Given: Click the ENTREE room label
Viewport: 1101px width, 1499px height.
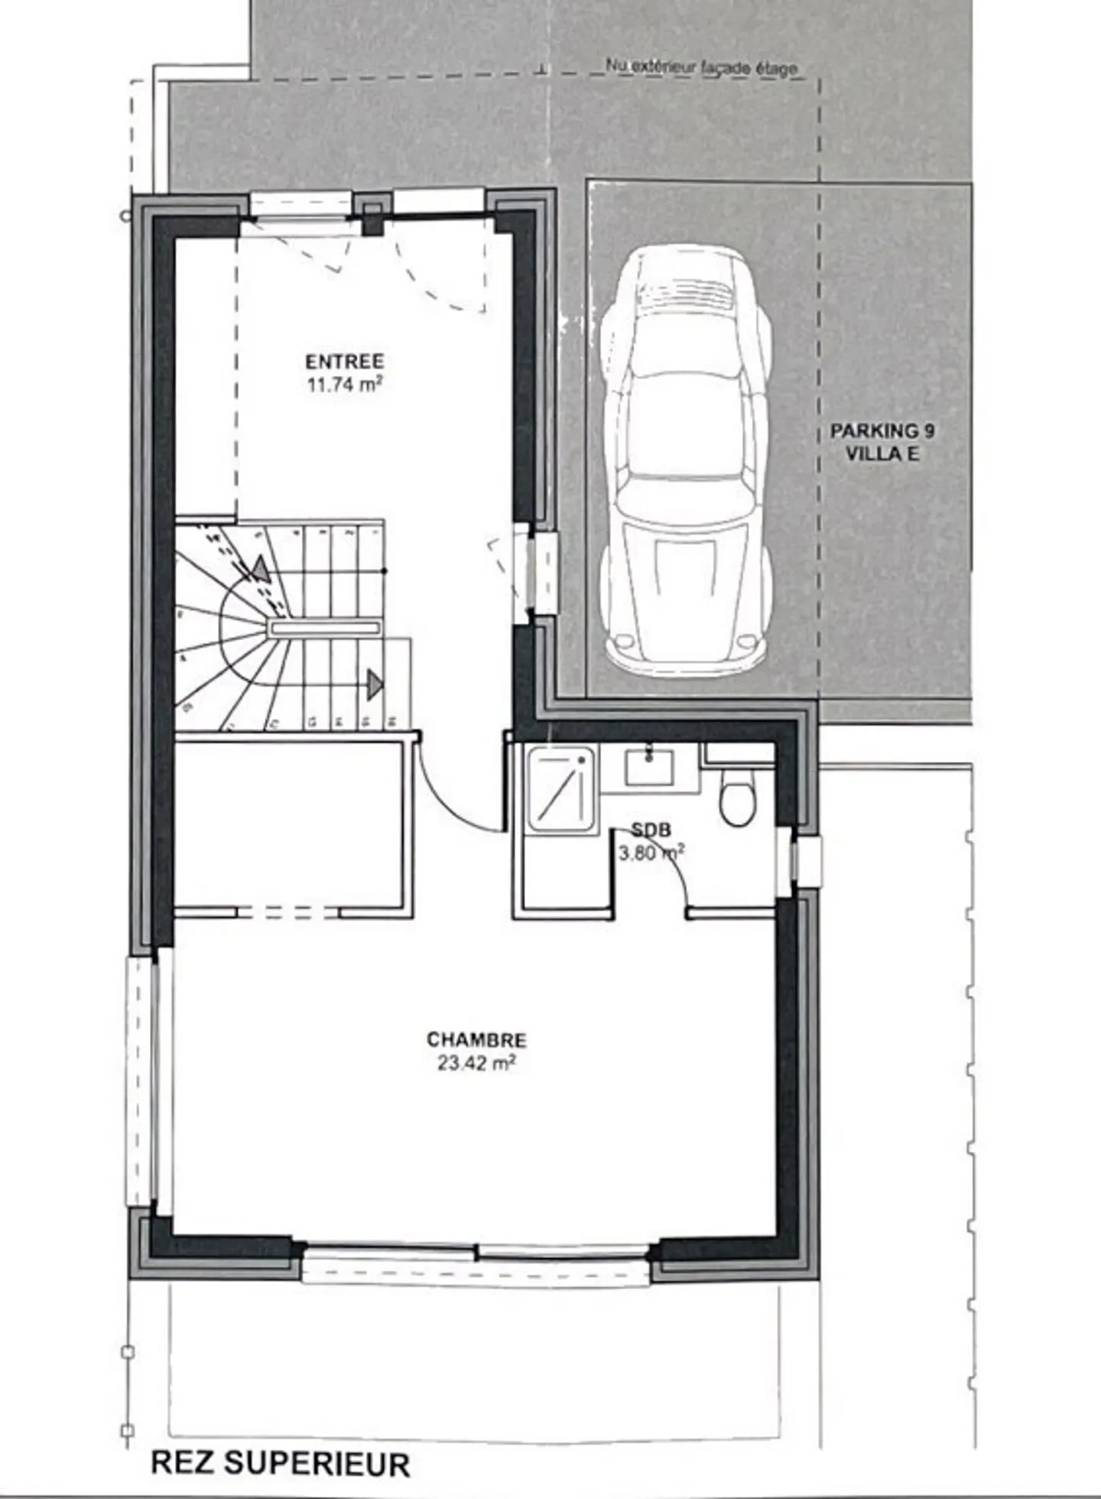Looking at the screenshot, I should click(x=344, y=362).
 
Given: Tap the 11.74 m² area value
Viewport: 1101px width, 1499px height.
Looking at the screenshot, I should click(x=344, y=385).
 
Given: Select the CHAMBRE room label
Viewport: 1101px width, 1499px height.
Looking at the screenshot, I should click(x=476, y=1040).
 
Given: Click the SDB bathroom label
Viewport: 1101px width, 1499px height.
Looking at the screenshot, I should click(x=651, y=831).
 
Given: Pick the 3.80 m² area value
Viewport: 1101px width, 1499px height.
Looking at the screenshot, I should click(x=651, y=853).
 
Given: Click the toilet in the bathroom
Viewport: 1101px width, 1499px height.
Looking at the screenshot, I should click(x=737, y=800).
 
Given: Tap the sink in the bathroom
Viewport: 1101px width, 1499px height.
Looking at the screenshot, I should click(x=649, y=767).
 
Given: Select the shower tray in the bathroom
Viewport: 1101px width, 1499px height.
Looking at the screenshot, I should click(x=560, y=791).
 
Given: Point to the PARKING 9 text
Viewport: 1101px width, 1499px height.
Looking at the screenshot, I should click(x=882, y=431).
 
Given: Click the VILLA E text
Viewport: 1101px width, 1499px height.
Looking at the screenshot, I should click(x=882, y=454).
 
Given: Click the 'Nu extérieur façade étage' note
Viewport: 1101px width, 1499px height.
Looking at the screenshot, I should click(x=701, y=67).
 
